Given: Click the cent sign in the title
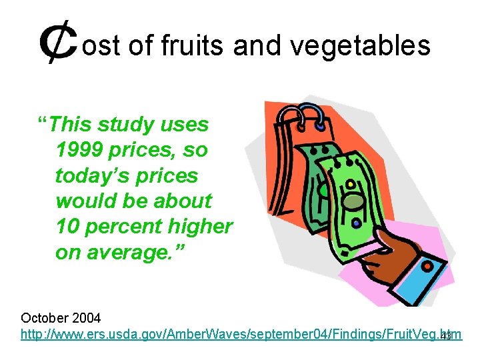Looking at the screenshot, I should (x=58, y=45).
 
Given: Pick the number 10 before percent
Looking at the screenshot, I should (x=68, y=226).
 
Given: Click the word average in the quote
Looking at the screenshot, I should (x=131, y=252).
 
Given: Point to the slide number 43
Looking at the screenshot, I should (x=446, y=336).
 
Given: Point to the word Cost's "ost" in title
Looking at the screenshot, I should (x=100, y=45).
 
